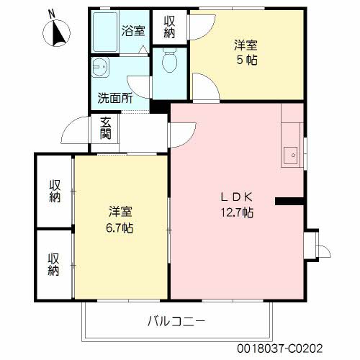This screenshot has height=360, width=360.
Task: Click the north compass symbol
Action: click(x=57, y=32)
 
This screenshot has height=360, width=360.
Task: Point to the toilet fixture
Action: click(x=170, y=60)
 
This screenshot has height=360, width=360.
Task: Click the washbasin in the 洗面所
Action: click(x=101, y=68)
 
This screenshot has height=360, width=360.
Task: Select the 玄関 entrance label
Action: click(x=105, y=127)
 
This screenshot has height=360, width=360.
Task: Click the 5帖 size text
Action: click(x=246, y=58)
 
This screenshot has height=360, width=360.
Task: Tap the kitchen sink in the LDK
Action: click(x=292, y=153)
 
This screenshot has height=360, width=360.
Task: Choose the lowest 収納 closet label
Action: click(x=55, y=264)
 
